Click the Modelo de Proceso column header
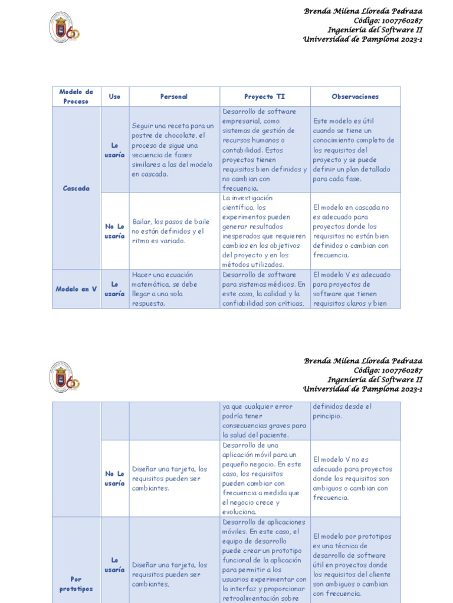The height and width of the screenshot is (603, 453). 76,97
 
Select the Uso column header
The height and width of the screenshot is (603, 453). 114,97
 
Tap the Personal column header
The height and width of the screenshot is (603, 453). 174,97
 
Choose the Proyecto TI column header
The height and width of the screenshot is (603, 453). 264,97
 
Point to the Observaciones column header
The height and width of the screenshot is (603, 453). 355,97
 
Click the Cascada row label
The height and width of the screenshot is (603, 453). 76,188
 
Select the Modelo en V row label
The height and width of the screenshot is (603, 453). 76,289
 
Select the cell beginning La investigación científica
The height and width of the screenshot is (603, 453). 264,231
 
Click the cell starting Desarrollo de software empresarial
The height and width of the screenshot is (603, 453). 264,150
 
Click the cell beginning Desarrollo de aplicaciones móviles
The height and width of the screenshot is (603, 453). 264,559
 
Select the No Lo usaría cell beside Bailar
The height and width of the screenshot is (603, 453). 114,231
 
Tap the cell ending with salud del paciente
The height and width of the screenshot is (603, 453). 264,420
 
